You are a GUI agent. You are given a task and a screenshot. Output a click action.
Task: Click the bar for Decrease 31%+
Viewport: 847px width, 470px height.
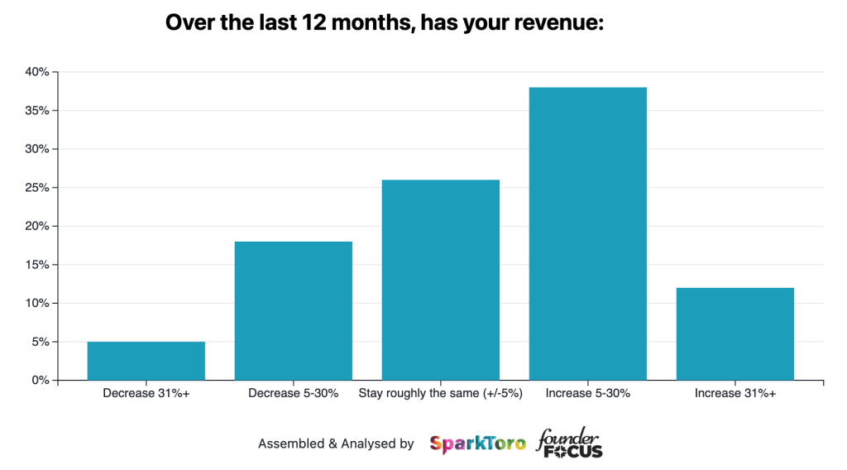pos(146,361)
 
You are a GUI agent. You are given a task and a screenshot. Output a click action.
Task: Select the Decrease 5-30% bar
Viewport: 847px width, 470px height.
pos(294,311)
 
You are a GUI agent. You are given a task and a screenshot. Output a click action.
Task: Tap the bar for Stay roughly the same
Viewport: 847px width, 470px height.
pos(440,281)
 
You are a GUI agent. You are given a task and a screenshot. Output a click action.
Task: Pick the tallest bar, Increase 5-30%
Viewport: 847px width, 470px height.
pos(587,234)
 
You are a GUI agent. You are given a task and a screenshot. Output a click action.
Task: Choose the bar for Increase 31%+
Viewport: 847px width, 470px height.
pos(735,334)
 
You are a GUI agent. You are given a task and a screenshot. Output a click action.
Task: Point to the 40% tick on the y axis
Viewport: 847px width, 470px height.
pos(36,73)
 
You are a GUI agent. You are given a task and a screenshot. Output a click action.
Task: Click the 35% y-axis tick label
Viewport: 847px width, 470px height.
pos(36,111)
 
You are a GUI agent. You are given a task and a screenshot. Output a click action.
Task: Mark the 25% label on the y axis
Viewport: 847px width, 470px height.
pos(36,188)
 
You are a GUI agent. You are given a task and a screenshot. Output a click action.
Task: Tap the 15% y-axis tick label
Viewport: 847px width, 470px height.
pos(36,265)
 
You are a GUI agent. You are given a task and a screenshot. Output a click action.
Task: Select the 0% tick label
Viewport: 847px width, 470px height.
pos(39,381)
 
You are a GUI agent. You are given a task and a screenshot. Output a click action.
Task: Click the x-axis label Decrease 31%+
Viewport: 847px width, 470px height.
pos(146,394)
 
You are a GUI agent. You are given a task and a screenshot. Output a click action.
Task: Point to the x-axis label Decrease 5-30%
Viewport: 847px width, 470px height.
pos(294,394)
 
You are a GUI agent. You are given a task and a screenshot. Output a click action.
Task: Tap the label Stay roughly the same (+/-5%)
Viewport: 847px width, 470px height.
pos(440,394)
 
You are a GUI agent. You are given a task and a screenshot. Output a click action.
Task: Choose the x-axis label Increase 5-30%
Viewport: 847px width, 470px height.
pos(588,394)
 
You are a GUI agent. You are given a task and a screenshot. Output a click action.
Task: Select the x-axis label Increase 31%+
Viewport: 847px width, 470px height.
pos(735,394)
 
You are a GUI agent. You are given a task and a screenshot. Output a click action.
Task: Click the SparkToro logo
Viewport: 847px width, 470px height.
pos(477,444)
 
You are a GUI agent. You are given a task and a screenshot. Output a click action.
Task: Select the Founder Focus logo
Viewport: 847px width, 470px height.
pos(569,444)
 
